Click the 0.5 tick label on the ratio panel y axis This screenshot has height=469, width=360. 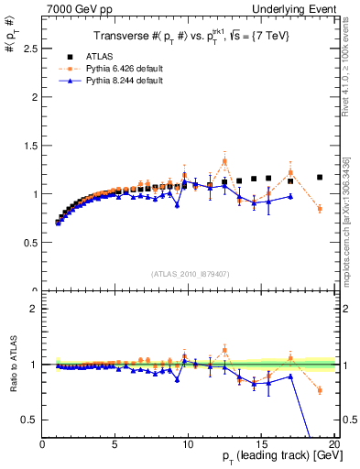[29, 420]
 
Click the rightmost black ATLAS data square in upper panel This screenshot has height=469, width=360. [320, 177]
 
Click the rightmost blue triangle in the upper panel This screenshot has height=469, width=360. [290, 196]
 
